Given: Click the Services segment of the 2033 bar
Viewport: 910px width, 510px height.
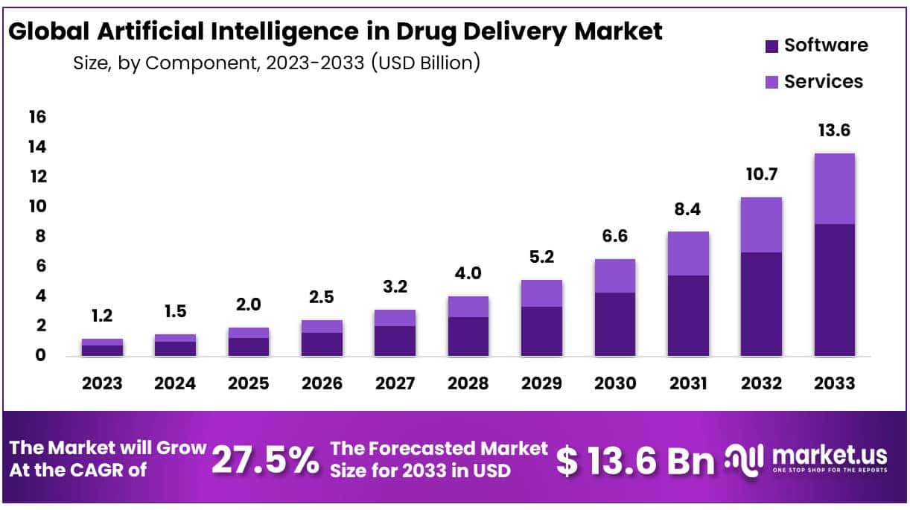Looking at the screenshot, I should (x=834, y=188).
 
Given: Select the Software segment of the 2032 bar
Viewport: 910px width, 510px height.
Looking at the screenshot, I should (x=761, y=304).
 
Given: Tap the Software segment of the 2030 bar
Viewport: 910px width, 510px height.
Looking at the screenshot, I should (x=614, y=324).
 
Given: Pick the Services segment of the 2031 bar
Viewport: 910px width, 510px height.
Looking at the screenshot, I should (x=687, y=253).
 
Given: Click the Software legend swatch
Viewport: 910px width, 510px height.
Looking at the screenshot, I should (x=771, y=46).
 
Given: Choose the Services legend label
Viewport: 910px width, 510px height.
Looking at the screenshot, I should (x=824, y=81).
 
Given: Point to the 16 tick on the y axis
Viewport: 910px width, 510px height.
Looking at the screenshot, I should (x=38, y=117).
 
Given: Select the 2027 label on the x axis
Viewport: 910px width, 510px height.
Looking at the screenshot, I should (x=395, y=383).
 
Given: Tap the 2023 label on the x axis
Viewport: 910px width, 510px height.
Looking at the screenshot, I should (x=102, y=383).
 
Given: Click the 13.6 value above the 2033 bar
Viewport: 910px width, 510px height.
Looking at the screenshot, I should (x=834, y=131).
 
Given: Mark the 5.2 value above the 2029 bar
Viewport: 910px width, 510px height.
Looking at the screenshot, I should (x=541, y=258).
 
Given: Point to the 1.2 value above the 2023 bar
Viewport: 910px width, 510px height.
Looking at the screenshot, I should (x=102, y=316).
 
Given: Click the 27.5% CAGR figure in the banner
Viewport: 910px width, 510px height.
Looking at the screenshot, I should (x=265, y=459).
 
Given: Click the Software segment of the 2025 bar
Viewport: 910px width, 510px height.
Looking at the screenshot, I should (x=248, y=346).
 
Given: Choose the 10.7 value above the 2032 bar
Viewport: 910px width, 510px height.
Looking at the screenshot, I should (x=761, y=174).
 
